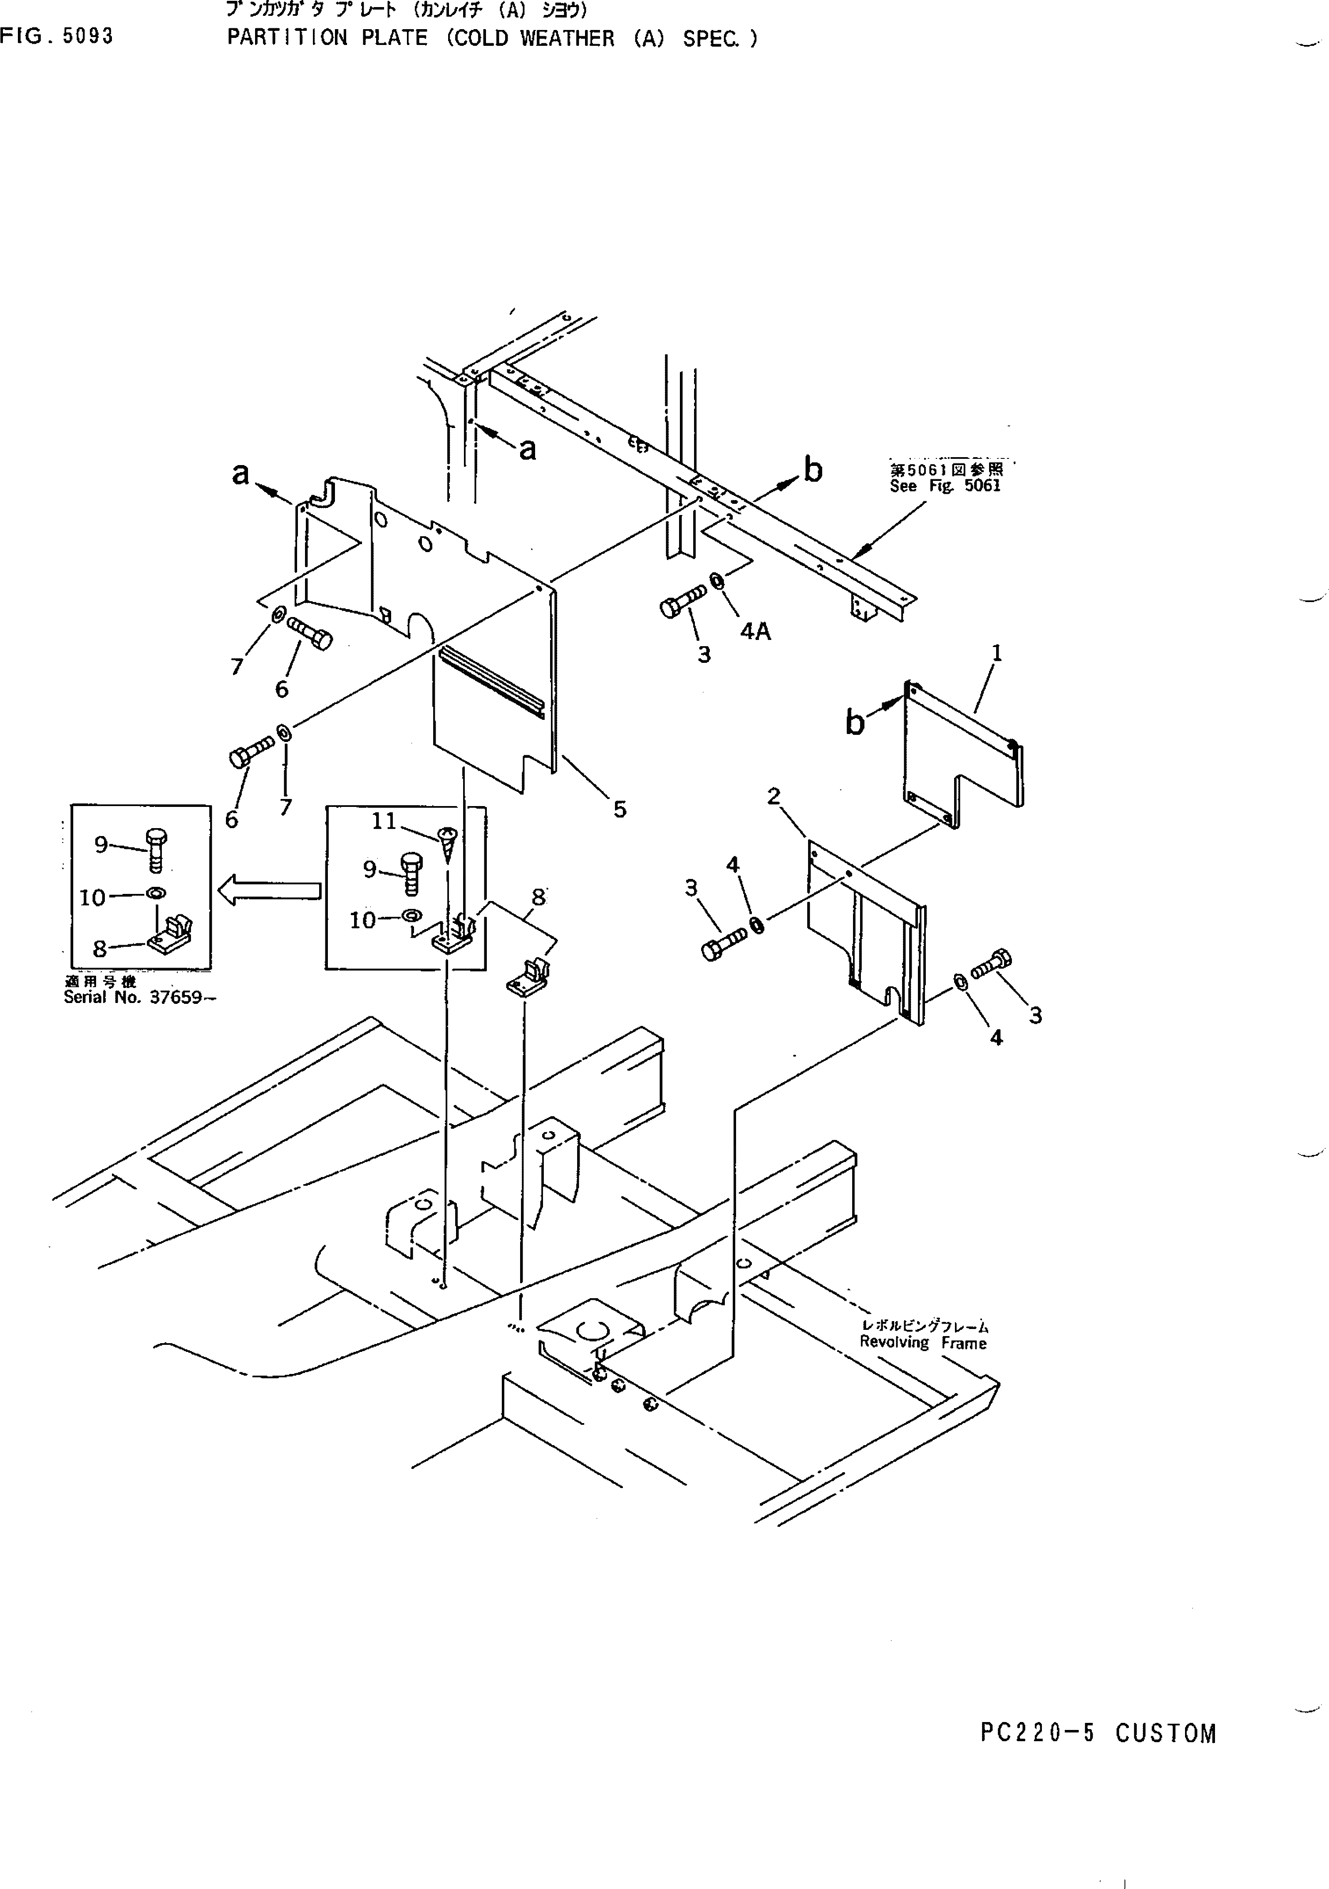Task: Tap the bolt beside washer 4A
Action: (682, 601)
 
